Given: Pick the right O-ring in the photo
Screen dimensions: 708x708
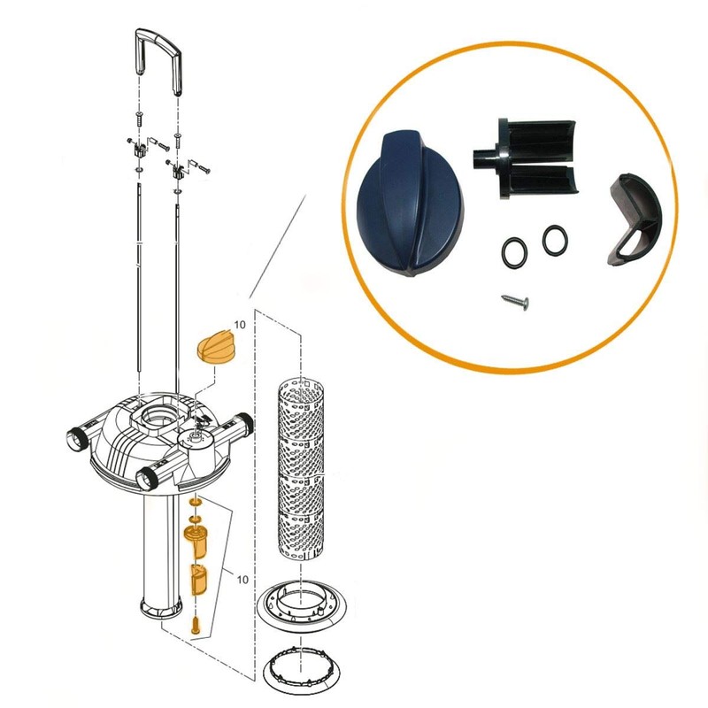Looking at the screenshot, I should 556,237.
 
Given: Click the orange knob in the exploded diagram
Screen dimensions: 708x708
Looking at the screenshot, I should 218,343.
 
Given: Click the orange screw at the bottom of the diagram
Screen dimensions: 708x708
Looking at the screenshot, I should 196,623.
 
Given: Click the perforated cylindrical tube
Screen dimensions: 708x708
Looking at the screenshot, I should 304,465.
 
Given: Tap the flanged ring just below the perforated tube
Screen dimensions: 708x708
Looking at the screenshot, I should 303,611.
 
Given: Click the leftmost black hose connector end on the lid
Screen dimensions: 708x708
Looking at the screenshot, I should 76,439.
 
